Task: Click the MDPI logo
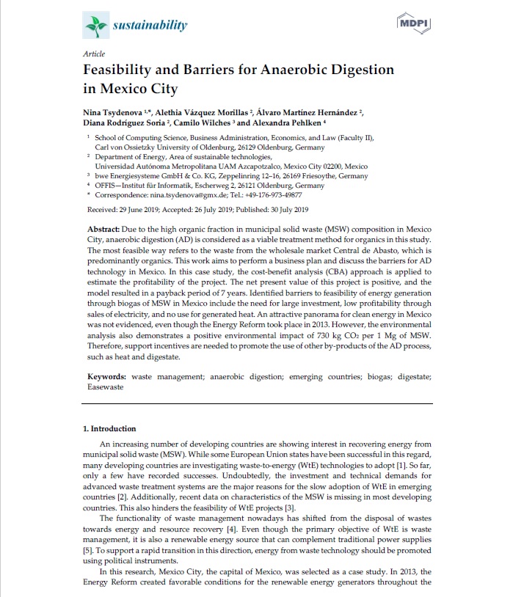412,24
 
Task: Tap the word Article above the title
94,54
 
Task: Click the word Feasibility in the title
125,71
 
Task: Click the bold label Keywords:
106,376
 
